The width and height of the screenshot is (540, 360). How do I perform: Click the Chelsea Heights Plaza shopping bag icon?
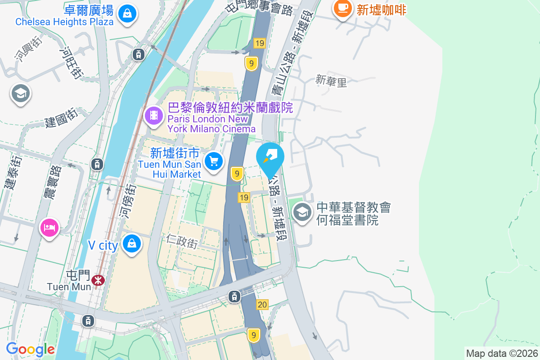(128, 13)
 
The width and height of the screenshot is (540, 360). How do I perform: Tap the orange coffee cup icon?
(343, 8)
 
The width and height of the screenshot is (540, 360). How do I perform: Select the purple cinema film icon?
(154, 116)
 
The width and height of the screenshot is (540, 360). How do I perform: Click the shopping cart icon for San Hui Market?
(214, 161)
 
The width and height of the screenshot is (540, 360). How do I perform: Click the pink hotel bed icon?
(49, 227)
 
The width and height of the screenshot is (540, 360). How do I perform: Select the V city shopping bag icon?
(132, 243)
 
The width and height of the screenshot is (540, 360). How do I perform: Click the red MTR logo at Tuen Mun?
(98, 280)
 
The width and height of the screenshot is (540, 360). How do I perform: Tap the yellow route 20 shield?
(262, 305)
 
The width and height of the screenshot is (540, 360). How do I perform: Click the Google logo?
(31, 349)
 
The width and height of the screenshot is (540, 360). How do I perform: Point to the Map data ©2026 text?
(502, 353)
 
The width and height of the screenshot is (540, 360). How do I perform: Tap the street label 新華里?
(332, 81)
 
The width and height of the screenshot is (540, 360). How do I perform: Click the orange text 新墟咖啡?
(382, 10)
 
